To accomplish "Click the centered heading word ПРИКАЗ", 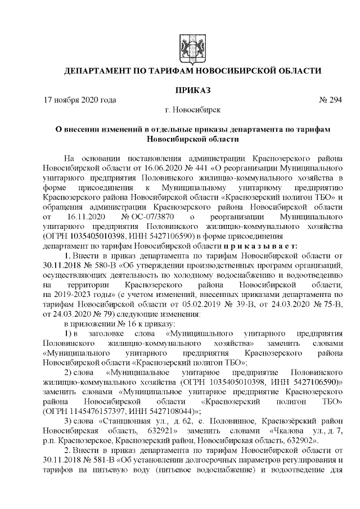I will [192, 90].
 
